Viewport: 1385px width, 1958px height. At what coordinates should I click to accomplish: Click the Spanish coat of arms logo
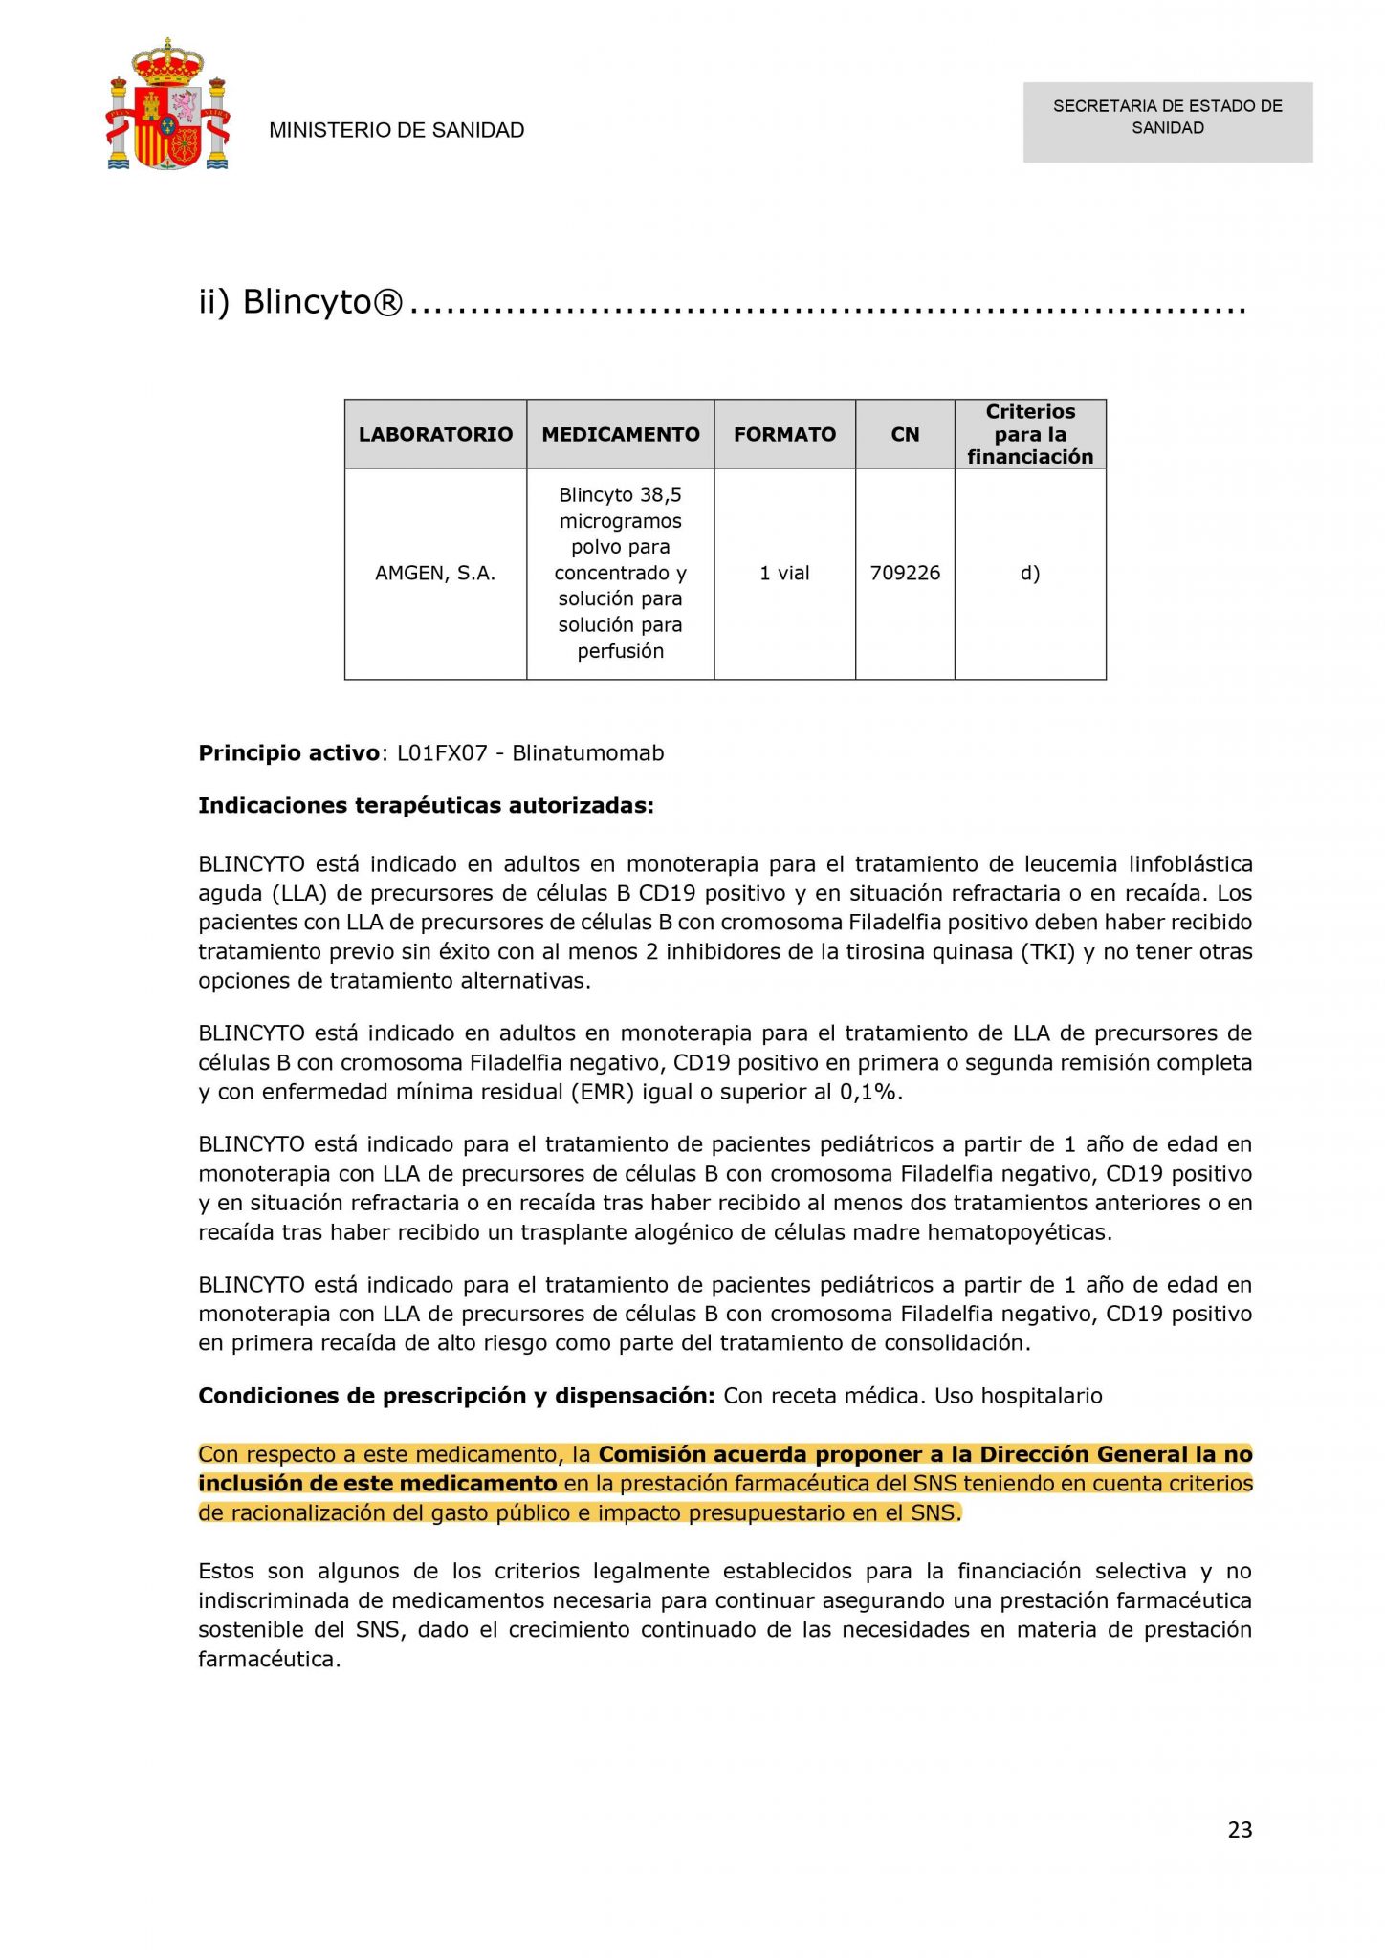[168, 106]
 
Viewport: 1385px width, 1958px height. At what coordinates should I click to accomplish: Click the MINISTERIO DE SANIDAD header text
[396, 130]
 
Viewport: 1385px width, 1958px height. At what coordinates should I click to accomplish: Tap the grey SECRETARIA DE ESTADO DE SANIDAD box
[1167, 121]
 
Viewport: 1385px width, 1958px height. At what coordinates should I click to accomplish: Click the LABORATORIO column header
[435, 435]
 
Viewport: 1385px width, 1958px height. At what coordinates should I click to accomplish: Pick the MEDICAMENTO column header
[621, 435]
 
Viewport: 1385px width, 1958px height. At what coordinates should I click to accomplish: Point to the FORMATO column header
[784, 435]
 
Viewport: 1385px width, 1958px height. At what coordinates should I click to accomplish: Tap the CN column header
[905, 435]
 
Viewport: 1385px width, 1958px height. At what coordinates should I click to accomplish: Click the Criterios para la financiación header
[1030, 434]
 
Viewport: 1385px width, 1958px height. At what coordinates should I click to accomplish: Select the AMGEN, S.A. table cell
[435, 574]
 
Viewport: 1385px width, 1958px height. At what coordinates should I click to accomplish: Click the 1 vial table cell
[784, 574]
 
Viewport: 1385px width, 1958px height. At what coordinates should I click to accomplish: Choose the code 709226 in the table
[905, 574]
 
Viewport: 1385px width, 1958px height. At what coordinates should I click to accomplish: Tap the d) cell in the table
[1030, 574]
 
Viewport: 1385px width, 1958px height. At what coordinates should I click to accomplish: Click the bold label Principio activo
[289, 753]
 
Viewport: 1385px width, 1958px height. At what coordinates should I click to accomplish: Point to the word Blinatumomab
[587, 753]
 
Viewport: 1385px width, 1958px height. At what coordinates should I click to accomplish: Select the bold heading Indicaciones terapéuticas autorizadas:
[426, 806]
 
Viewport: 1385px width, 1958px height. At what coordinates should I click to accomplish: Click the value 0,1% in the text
[869, 1092]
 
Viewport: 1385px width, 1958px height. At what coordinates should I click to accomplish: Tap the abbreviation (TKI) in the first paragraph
[1047, 952]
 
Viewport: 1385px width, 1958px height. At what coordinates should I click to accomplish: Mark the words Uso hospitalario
[1018, 1396]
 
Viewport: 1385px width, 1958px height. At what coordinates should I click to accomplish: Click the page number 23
[1240, 1830]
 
